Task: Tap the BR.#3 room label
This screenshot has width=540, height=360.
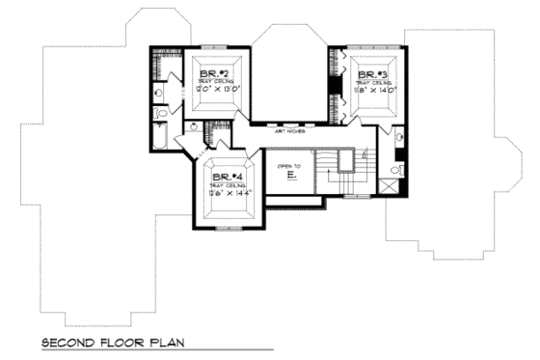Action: tap(372, 74)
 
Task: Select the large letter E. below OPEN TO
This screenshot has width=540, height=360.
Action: tap(289, 177)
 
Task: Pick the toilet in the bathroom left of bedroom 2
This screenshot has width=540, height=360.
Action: tap(160, 115)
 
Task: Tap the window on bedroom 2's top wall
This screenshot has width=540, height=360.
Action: tap(213, 45)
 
